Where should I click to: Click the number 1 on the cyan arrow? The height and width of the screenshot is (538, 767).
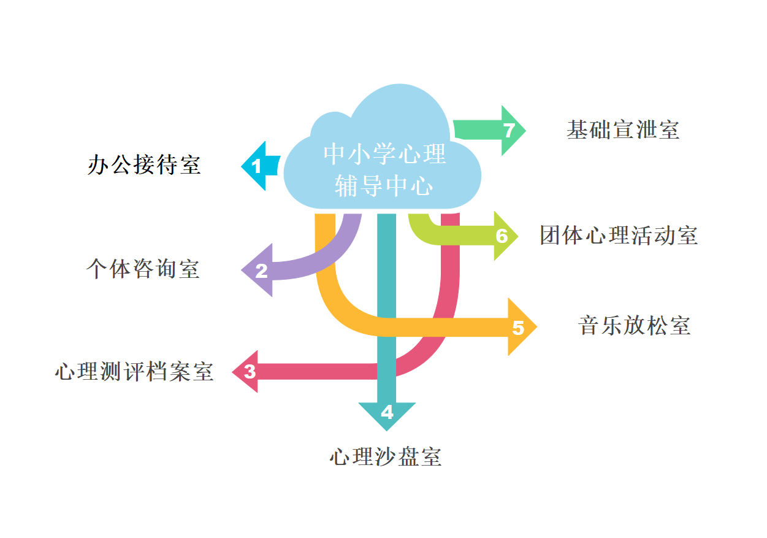pos(256,166)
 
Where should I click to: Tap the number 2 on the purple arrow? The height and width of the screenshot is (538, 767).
pos(262,271)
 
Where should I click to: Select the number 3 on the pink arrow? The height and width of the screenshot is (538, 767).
pos(250,372)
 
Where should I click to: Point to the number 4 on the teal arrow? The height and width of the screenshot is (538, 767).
pos(387,412)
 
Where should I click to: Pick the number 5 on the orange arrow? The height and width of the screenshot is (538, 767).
pos(518,328)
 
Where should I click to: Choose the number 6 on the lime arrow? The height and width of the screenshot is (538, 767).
pos(502,236)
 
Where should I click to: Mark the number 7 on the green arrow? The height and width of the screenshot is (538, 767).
pos(508,131)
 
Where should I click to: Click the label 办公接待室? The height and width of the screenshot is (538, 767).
pos(144,165)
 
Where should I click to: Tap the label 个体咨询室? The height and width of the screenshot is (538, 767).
pos(143,269)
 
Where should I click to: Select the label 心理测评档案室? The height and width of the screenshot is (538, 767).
pos(134,372)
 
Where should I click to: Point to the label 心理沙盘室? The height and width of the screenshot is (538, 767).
pos(386,457)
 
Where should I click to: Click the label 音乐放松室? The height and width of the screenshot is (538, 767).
pos(634,325)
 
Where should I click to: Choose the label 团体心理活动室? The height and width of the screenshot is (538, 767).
pos(619,236)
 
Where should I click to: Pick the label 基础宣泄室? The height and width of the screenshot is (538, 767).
pos(623,130)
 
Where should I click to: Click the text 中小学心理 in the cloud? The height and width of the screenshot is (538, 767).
pos(384,154)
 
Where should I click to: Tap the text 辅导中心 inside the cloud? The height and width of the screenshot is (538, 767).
pos(384,186)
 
